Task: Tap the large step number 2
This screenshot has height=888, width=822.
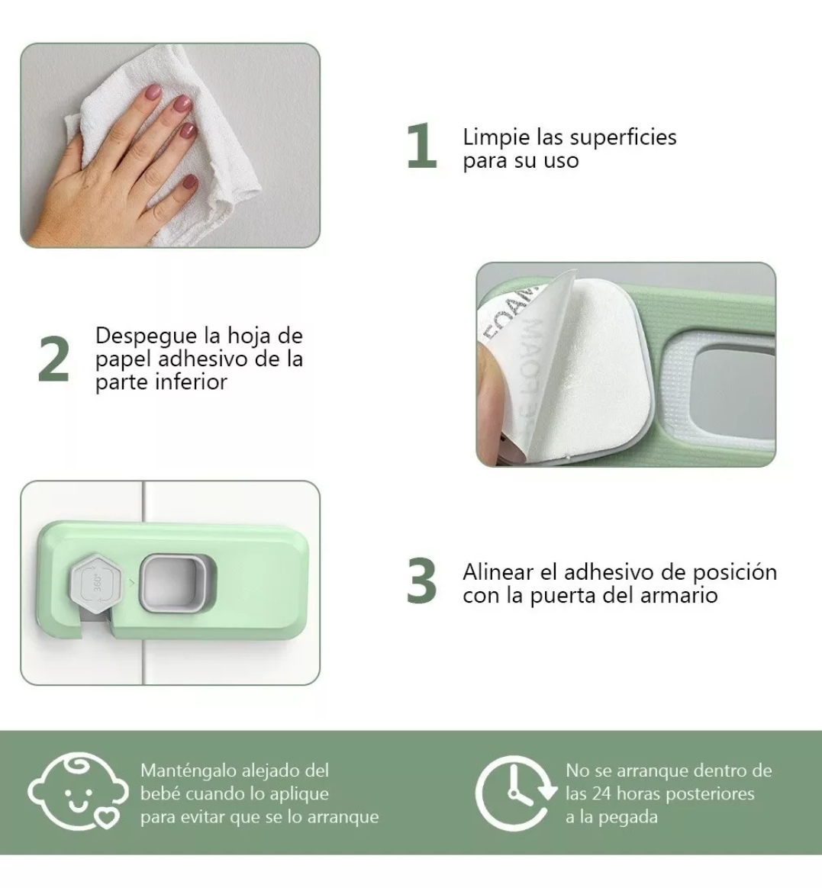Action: point(53,359)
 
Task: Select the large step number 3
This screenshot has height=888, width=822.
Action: point(422,581)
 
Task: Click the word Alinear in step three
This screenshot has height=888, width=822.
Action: point(502,572)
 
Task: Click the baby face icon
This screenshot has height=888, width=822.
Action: point(74,793)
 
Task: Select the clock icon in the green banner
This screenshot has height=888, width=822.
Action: point(516,793)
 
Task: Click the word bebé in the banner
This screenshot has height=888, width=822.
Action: point(159,793)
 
